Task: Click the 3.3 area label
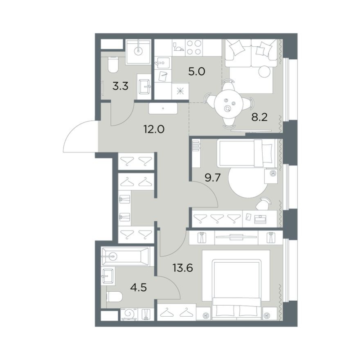pyautogui.click(x=120, y=86)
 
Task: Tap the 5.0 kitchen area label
pyautogui.click(x=196, y=72)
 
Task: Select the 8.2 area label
pyautogui.click(x=259, y=117)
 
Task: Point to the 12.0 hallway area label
pyautogui.click(x=154, y=129)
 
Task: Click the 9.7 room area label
pyautogui.click(x=213, y=178)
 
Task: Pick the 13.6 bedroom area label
pyautogui.click(x=183, y=268)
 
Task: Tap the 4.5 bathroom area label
pyautogui.click(x=138, y=287)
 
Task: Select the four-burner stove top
pyautogui.click(x=194, y=47)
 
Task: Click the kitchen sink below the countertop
pyautogui.click(x=162, y=63)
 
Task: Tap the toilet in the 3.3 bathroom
pyautogui.click(x=113, y=65)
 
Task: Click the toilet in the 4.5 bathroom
pyautogui.click(x=115, y=297)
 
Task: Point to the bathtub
pyautogui.click(x=125, y=256)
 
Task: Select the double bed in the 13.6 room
pyautogui.click(x=237, y=289)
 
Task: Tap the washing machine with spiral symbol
pyautogui.click(x=129, y=314)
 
